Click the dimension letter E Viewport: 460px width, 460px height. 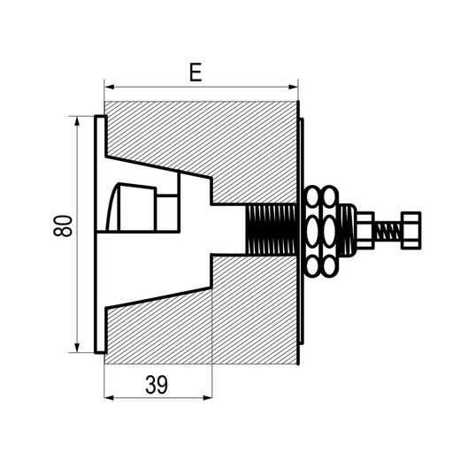pos(195,72)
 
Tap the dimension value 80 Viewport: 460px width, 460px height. pos(63,226)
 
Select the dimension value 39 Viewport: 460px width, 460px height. pos(157,385)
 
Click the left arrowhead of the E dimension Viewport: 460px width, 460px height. pos(110,87)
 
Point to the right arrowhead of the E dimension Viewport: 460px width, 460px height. pos(293,87)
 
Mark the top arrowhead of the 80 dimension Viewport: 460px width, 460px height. pos(77,121)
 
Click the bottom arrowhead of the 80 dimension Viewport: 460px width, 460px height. pos(77,348)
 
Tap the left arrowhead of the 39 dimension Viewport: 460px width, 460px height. pos(110,398)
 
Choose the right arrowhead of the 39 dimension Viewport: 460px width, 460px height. pos(207,398)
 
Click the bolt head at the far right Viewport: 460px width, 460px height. pos(411,231)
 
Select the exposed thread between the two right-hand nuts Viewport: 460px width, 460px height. pos(388,231)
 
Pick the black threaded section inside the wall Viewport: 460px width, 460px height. pos(272,230)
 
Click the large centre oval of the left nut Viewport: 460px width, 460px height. pos(312,231)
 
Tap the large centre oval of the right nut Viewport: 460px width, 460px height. pos(330,231)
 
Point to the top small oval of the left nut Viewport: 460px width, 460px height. pos(312,195)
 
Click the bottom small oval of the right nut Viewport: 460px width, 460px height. pos(330,266)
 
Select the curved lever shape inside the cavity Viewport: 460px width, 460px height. pos(113,207)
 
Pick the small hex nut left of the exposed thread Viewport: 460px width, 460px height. pos(365,231)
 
